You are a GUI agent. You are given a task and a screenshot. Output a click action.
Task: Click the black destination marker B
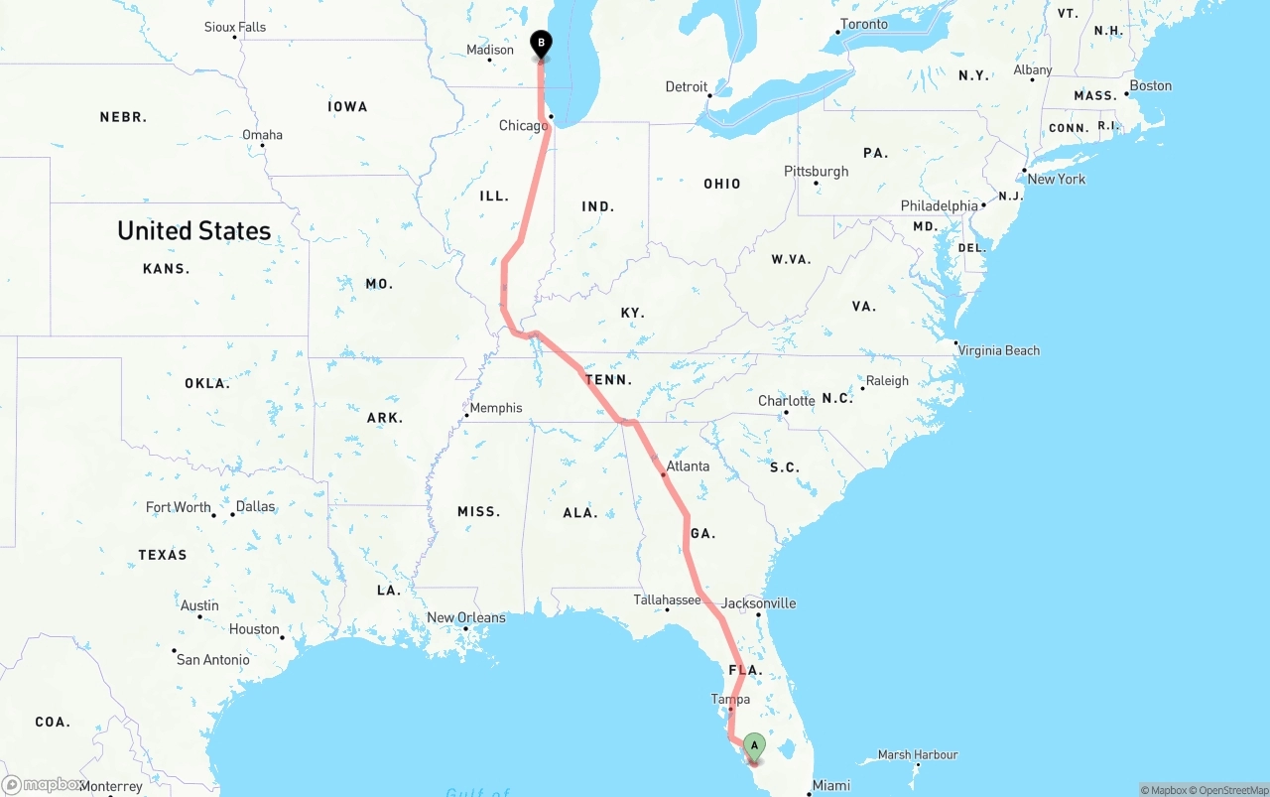(x=541, y=44)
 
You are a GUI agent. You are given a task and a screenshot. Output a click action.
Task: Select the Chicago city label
(x=523, y=126)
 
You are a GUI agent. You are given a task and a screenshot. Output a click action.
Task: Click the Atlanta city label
(x=688, y=466)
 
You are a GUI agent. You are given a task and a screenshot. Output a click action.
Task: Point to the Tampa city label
(x=730, y=700)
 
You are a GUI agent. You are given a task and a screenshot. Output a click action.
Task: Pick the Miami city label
(x=830, y=786)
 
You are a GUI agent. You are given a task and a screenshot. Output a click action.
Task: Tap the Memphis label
(x=495, y=408)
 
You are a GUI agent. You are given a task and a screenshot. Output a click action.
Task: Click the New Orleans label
(x=465, y=617)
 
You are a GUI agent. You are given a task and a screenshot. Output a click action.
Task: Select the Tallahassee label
(x=668, y=600)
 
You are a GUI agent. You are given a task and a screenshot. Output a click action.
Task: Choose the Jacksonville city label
(x=758, y=603)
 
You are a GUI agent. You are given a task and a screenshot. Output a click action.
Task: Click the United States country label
(x=193, y=230)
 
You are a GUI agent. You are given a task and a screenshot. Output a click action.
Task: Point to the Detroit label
(x=687, y=87)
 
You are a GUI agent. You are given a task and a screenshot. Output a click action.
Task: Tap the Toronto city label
(x=864, y=24)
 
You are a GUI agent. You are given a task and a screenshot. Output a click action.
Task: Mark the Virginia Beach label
(x=999, y=350)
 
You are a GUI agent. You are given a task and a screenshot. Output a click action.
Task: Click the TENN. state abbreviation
(x=608, y=380)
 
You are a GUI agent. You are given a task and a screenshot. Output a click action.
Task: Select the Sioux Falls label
(x=235, y=27)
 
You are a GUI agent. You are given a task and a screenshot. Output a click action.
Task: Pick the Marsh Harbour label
(x=918, y=755)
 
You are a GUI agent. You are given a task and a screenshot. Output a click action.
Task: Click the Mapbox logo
(x=41, y=785)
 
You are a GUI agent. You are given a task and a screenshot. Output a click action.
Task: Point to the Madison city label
(x=490, y=50)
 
